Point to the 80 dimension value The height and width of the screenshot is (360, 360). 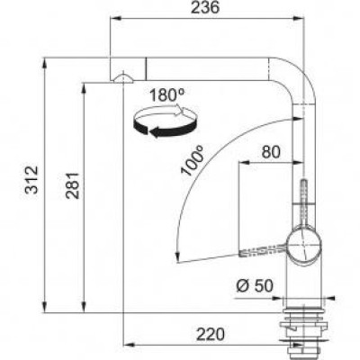tap(271, 153)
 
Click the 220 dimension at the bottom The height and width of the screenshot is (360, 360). tap(209, 335)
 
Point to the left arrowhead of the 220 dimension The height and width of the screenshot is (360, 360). tap(126, 346)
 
